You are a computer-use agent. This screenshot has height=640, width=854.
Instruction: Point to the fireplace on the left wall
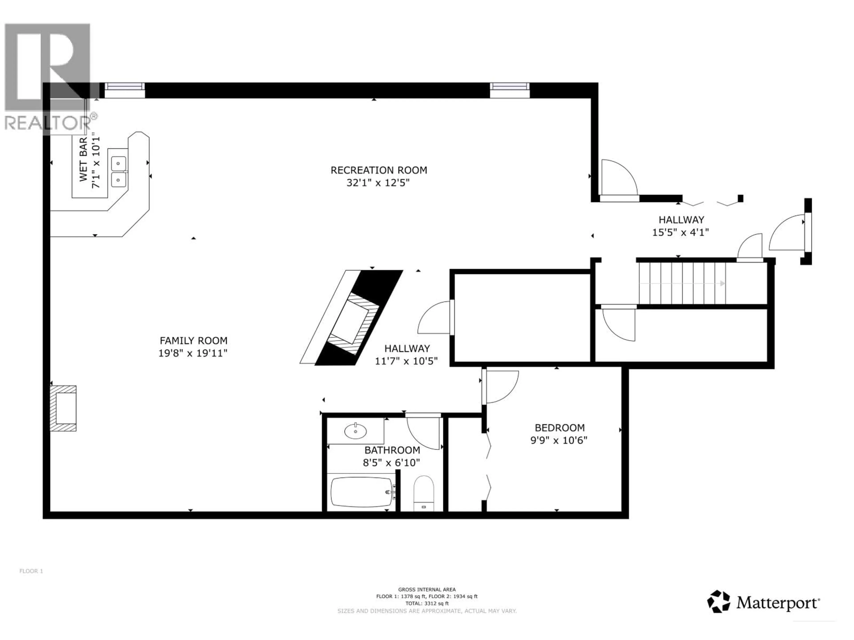pyautogui.click(x=64, y=408)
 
